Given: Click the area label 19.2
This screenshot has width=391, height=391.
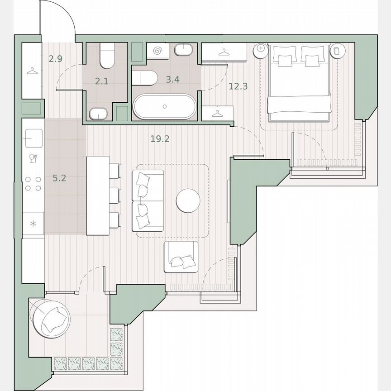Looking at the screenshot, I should click(x=160, y=139).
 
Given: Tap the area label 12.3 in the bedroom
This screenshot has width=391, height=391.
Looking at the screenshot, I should click(x=238, y=86).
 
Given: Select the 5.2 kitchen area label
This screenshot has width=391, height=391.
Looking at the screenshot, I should click(x=59, y=178).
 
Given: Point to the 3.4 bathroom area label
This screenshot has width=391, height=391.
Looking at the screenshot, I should click(x=172, y=80).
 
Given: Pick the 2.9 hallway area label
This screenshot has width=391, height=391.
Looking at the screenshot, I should click(x=56, y=58).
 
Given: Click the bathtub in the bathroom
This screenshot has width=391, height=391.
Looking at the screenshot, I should click(x=164, y=106).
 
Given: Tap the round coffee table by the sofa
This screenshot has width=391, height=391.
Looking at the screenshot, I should click(x=188, y=200).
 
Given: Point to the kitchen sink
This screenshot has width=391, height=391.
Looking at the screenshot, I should click(x=33, y=136).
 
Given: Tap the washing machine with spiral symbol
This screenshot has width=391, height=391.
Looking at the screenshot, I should click(x=158, y=51).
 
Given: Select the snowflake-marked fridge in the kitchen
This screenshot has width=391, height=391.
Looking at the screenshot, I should click(x=33, y=224).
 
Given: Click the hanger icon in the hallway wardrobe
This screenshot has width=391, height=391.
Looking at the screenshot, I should click(x=32, y=71).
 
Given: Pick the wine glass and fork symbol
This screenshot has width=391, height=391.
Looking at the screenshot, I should click(x=33, y=158).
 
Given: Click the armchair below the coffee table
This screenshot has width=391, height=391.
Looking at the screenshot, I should click(x=181, y=257).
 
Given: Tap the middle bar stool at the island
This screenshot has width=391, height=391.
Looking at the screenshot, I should click(x=115, y=195).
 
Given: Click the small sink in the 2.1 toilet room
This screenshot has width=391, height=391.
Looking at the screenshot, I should click(x=98, y=114).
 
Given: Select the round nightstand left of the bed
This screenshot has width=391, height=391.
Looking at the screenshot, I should click(x=261, y=49).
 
